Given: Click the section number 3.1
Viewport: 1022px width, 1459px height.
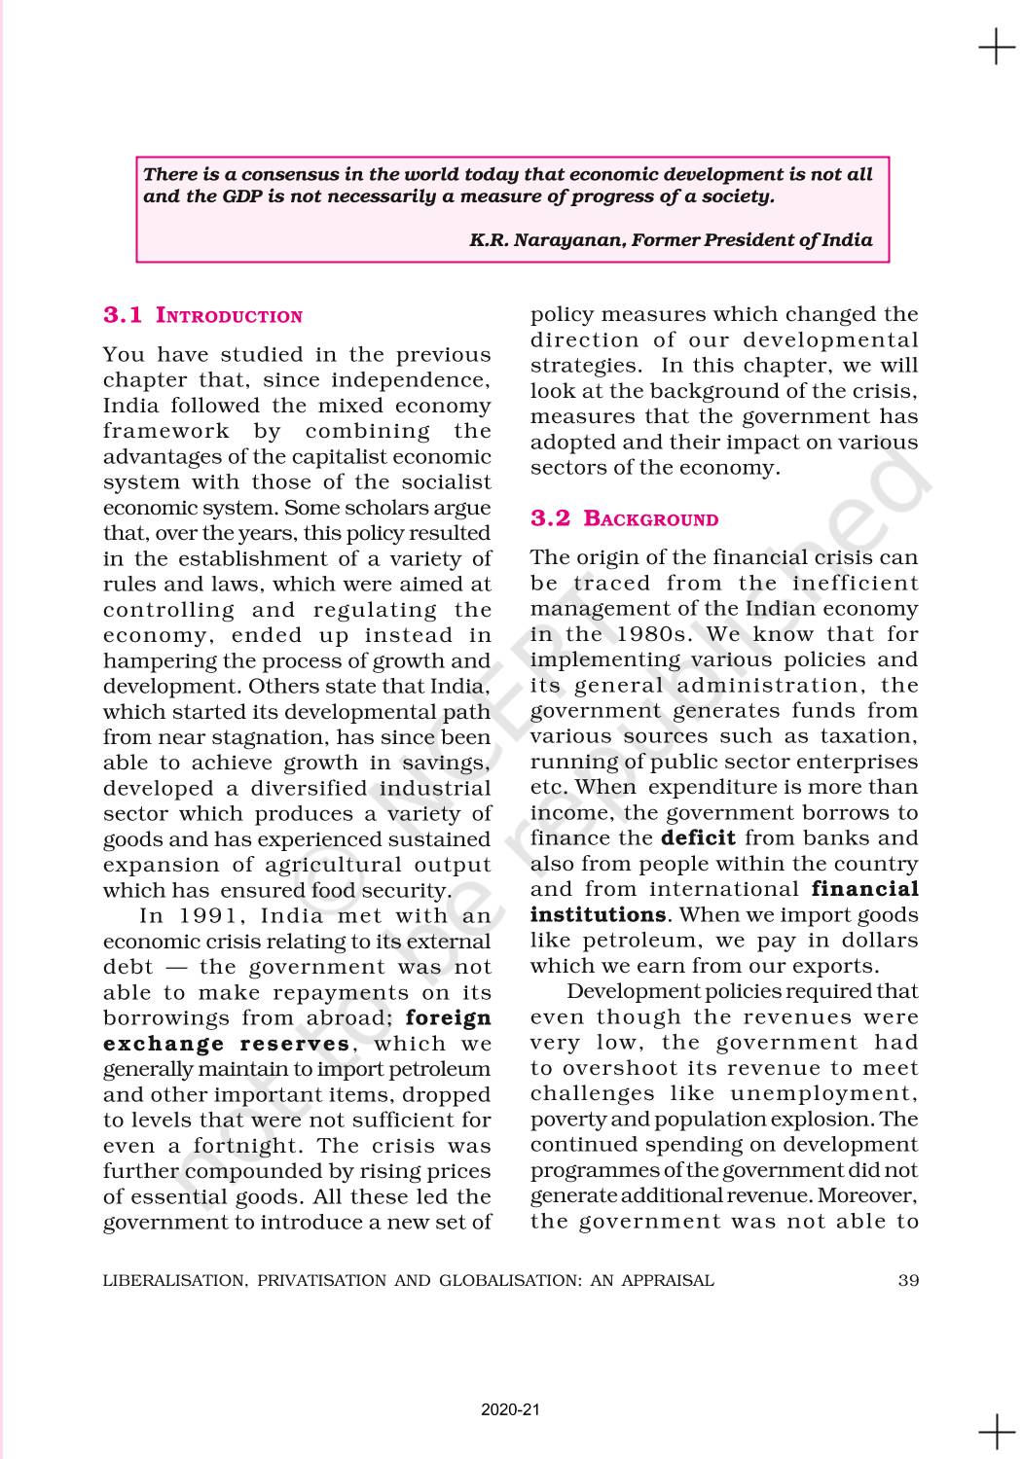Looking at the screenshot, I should tap(123, 315).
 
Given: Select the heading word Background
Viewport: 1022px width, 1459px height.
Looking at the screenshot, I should tap(650, 518).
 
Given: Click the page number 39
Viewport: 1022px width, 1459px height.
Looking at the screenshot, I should tap(907, 1280).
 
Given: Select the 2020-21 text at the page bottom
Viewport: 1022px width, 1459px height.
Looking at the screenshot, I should tap(510, 1409).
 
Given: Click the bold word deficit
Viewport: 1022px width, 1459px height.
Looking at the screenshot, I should tap(698, 837).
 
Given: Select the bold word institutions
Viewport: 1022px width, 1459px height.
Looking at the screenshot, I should tap(598, 914).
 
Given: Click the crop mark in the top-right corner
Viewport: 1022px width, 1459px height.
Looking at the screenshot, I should tap(996, 46).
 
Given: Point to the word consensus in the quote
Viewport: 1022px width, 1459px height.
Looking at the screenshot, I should tap(293, 174).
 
